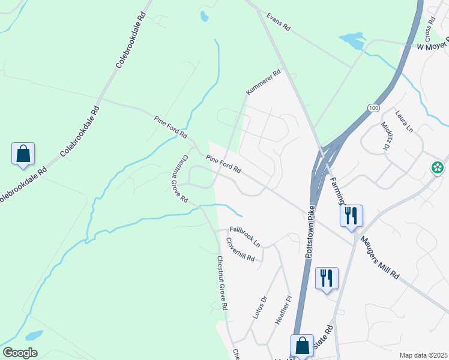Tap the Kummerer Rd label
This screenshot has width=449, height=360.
[263, 83]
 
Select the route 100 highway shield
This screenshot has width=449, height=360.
[373, 107]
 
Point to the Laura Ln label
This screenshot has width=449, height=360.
[404, 121]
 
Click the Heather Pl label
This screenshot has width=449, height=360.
[283, 310]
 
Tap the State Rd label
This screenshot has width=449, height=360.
[324, 341]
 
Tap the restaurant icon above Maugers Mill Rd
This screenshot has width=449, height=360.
[351, 215]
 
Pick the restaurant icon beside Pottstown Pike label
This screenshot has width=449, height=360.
[327, 278]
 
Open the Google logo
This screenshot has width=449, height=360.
[20, 353]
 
